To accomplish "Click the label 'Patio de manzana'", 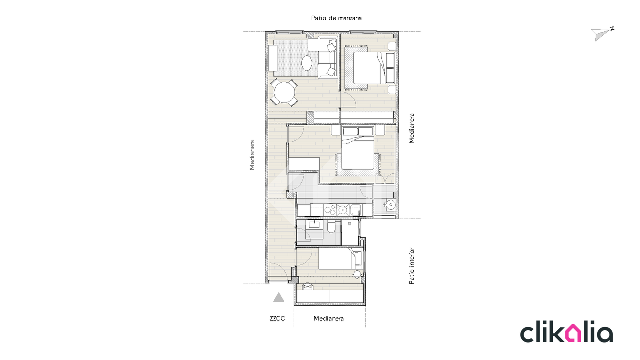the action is click(336, 18).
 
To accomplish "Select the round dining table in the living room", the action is click(284, 92).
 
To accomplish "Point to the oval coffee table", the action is click(307, 63).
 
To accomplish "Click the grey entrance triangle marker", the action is click(279, 298).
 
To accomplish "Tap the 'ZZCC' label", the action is click(277, 318).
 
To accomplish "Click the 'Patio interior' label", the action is click(411, 266).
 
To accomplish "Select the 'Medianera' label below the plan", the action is click(329, 318).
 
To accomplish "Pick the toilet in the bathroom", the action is click(331, 227).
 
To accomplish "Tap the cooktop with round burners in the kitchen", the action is click(330, 210).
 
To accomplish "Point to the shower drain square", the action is click(349, 223).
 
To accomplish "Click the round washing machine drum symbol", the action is click(390, 204).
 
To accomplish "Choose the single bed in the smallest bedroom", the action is click(340, 258).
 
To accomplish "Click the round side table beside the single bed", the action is click(357, 274).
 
